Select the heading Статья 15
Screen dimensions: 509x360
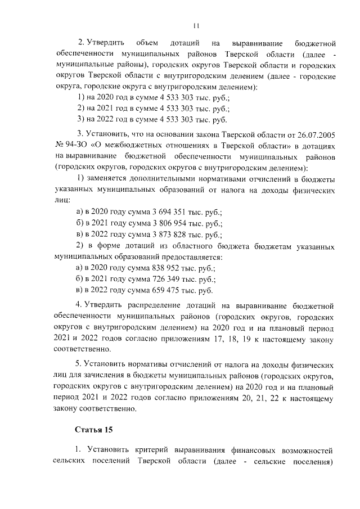coord(94,430)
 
